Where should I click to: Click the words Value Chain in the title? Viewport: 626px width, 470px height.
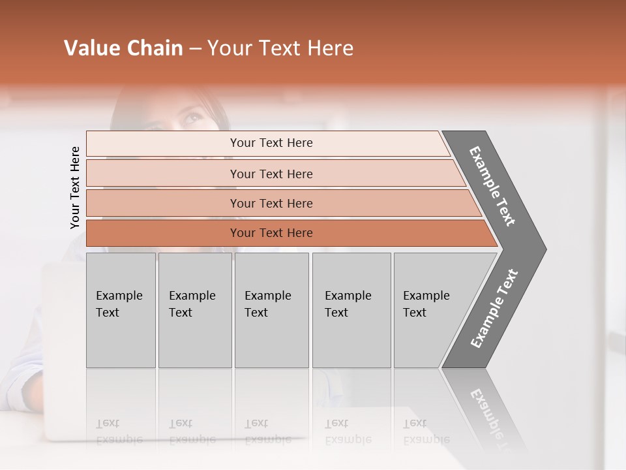click(123, 48)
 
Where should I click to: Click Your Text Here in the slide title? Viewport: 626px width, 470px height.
click(280, 48)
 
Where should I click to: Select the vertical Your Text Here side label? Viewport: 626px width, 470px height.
click(75, 187)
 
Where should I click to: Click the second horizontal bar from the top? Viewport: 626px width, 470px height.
click(271, 174)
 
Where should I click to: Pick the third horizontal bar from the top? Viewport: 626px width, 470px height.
click(271, 203)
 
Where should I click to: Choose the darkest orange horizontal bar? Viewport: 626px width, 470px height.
click(271, 233)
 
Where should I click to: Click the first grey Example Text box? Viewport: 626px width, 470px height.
click(121, 310)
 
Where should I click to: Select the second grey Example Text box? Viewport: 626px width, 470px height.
click(194, 310)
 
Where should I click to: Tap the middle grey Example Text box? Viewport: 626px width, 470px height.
click(271, 310)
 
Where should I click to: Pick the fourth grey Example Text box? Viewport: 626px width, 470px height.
click(351, 310)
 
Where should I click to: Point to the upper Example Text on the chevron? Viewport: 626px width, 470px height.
click(493, 186)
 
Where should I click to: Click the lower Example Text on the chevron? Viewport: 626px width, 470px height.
click(494, 308)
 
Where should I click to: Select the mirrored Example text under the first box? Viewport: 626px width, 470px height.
click(119, 439)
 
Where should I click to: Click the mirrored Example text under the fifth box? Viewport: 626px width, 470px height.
click(426, 439)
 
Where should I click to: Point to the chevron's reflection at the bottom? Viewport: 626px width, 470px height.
click(489, 411)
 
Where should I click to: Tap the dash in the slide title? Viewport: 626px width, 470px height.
click(195, 49)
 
